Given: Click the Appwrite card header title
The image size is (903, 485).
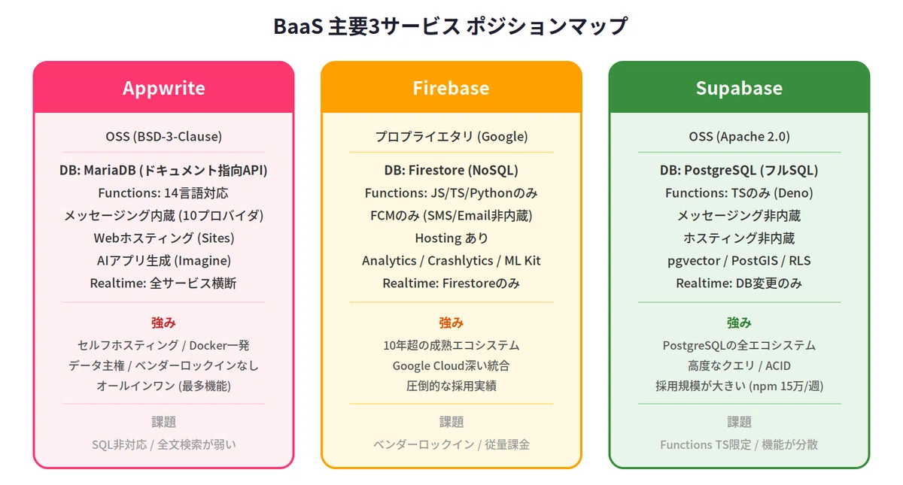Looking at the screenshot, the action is coord(164,88).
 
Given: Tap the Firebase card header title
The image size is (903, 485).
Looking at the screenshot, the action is coord(451,88).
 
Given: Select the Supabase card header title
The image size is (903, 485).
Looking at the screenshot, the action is coord(739,88).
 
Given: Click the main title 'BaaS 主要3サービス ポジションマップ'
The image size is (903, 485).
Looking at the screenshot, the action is coord(451,26).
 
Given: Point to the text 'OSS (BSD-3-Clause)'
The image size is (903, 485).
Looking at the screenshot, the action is coord(164,137).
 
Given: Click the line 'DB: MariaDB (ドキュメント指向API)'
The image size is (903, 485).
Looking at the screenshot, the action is coord(164,170).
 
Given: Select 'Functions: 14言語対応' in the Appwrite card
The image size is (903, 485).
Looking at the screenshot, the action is coord(163,193).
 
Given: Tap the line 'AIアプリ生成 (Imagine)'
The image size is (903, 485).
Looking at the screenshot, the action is coord(164,261).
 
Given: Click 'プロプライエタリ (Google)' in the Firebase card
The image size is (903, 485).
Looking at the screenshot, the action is coord(451,137).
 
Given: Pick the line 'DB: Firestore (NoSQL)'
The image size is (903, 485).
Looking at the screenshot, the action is coord(451,170).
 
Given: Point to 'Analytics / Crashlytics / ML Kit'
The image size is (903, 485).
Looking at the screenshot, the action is coord(451,261).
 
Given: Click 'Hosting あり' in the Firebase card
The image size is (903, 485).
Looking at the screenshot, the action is coord(451,238).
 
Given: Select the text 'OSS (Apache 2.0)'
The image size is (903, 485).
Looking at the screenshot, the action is coord(739,137).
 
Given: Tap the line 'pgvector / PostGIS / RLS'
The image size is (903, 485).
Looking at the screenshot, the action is coord(739,261).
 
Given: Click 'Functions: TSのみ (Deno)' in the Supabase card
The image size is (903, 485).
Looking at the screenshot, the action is coord(739,193).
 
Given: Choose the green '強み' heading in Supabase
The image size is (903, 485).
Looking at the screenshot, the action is coord(739,323).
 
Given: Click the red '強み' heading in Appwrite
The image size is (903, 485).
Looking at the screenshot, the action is coord(163,323).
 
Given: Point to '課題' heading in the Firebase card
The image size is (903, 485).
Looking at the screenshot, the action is coord(451,422).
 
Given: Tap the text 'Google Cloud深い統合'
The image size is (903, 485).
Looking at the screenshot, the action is coord(451,365).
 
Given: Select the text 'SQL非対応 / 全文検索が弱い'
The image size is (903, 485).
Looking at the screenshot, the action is coord(164,444).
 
